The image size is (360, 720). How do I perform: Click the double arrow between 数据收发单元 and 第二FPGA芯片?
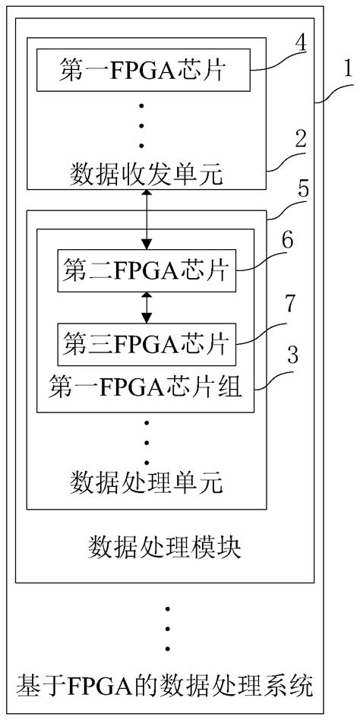147,220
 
